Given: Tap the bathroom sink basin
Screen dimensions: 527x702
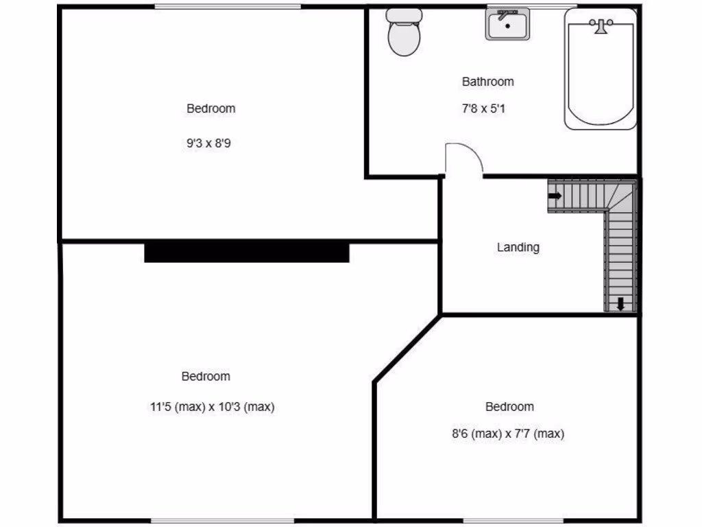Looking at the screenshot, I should point(507,26).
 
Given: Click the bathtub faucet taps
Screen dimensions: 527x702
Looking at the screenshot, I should point(602,26).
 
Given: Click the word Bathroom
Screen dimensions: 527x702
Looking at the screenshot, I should point(487,82).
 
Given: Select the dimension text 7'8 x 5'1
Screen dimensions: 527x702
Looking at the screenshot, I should point(484,108).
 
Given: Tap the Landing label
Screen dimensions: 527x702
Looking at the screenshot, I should point(518,247).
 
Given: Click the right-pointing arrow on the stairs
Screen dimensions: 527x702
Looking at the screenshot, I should point(555,196).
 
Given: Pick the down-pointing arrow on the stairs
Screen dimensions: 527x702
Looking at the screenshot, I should point(620,303).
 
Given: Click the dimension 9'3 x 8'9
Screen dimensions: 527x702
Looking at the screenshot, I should point(208,144).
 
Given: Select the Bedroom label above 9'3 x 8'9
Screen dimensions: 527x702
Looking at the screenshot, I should point(210,108).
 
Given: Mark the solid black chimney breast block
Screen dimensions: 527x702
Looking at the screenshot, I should point(247,252).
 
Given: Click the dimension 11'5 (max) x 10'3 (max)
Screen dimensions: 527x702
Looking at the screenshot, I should point(212,407).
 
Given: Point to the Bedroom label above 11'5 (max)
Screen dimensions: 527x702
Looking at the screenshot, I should point(206,376).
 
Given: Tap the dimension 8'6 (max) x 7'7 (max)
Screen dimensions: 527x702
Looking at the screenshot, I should point(507,434).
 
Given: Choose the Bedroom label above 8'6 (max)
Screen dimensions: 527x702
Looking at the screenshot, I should point(509,407).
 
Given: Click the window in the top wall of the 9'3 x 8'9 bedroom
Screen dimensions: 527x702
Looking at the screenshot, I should point(227,7).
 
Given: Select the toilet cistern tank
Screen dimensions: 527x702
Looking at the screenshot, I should point(404,15).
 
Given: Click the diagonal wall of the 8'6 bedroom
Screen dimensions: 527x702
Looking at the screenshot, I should point(407,349).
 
